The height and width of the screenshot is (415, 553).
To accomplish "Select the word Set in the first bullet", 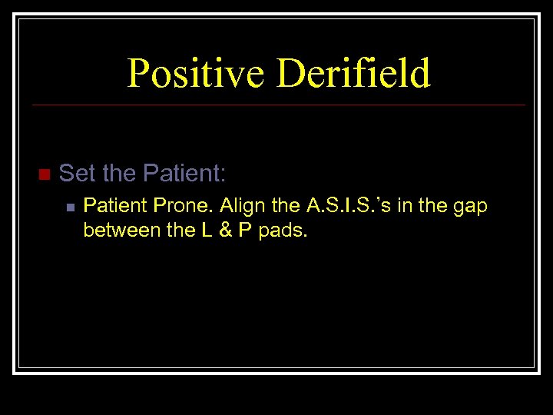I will pyautogui.click(x=78, y=174).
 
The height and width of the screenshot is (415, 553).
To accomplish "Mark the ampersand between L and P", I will pyautogui.click(x=224, y=230).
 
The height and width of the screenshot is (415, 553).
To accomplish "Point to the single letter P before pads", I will pyautogui.click(x=244, y=230).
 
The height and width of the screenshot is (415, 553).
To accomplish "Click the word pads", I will pyautogui.click(x=283, y=230).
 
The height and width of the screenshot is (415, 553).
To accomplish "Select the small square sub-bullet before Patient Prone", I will pyautogui.click(x=70, y=207).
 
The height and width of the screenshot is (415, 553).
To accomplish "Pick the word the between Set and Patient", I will pyautogui.click(x=118, y=174).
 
